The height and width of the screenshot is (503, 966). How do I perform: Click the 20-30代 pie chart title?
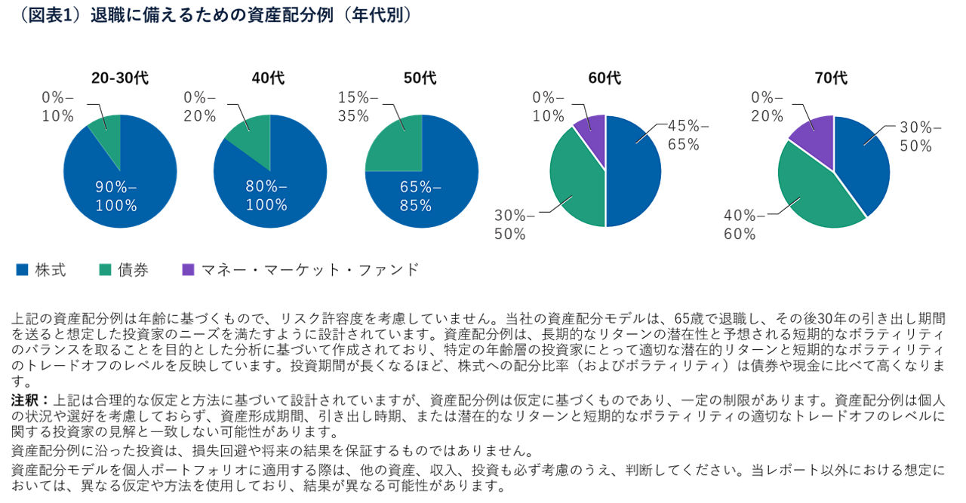tap(120, 78)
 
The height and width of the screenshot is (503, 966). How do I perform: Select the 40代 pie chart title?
tap(269, 78)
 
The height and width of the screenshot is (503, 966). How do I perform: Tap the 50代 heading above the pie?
tap(420, 78)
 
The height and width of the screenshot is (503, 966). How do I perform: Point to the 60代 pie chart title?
tap(605, 78)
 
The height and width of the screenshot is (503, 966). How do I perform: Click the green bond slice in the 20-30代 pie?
tap(108, 136)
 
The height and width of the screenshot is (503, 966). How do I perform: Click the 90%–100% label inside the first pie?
tap(116, 196)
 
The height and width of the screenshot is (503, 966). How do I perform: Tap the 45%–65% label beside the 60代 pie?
tap(688, 136)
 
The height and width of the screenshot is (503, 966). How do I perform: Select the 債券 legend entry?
tap(124, 270)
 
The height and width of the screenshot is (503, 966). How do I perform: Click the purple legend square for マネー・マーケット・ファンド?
tap(189, 270)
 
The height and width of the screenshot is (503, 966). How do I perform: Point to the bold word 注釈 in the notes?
tap(29, 399)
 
